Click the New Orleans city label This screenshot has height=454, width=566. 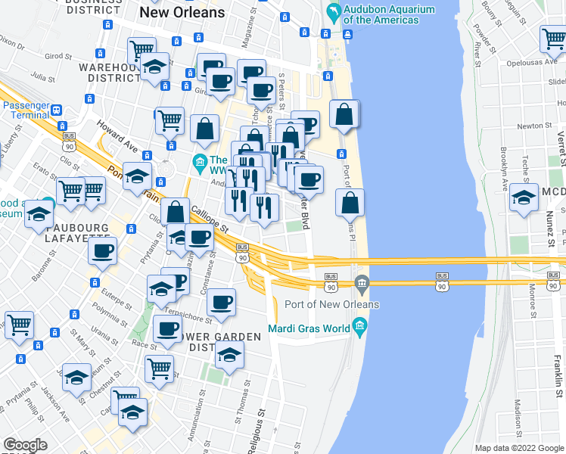pos(182,13)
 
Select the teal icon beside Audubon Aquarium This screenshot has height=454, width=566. pos(332,13)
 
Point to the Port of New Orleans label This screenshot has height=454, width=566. pos(331,304)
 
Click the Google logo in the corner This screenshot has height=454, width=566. pos(25,445)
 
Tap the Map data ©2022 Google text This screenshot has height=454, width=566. pos(518,448)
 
